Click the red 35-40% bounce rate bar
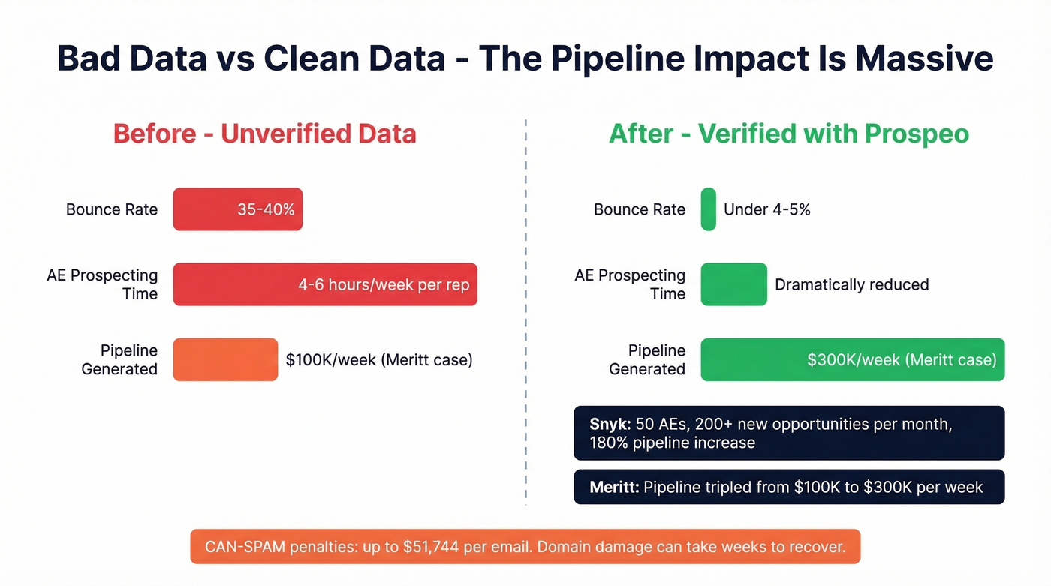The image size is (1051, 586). point(237,209)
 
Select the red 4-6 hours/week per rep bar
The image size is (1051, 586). point(325,284)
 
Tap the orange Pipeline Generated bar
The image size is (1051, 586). point(225,359)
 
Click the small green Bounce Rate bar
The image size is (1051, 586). point(708,209)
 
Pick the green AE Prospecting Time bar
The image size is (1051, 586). point(733,284)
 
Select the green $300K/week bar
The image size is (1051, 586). point(852,359)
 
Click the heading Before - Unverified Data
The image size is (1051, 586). point(264,134)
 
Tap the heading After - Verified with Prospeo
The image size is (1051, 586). point(788,134)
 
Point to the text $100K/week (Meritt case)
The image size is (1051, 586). point(379,360)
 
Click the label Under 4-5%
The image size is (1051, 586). point(766,210)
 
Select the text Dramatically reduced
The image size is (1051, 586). point(851,285)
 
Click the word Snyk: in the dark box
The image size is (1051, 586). point(610,425)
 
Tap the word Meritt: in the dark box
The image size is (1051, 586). point(614,488)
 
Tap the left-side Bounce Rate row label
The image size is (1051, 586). point(112,210)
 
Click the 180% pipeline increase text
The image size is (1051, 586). point(672,443)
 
